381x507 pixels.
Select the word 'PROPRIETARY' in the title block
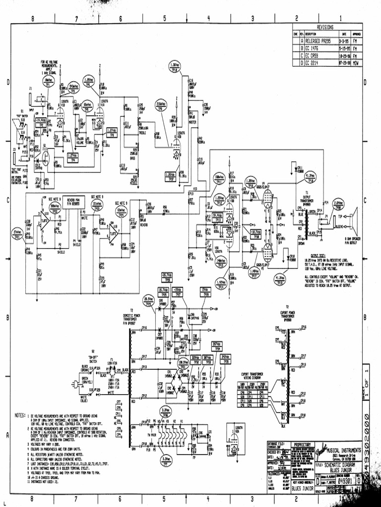click(302, 444)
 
